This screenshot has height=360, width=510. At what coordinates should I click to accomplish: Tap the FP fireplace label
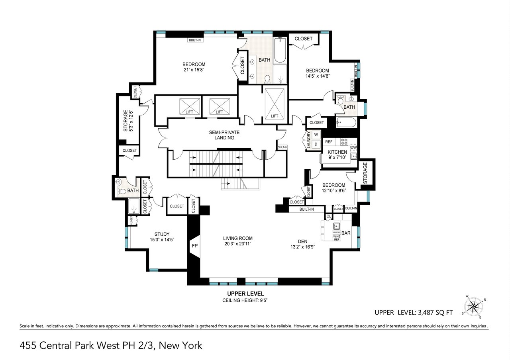194,246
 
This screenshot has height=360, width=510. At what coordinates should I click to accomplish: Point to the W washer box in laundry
316,134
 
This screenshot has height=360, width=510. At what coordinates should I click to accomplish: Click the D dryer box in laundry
316,144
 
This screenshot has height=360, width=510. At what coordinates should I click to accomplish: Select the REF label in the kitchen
329,141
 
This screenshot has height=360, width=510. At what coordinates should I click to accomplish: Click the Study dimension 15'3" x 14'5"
162,240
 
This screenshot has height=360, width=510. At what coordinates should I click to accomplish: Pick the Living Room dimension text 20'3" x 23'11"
237,244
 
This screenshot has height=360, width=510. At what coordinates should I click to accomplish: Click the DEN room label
303,241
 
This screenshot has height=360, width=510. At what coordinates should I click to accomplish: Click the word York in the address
190,345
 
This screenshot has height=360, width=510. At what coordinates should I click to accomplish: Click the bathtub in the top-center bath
280,51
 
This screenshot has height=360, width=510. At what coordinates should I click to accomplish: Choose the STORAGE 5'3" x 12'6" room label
128,121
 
